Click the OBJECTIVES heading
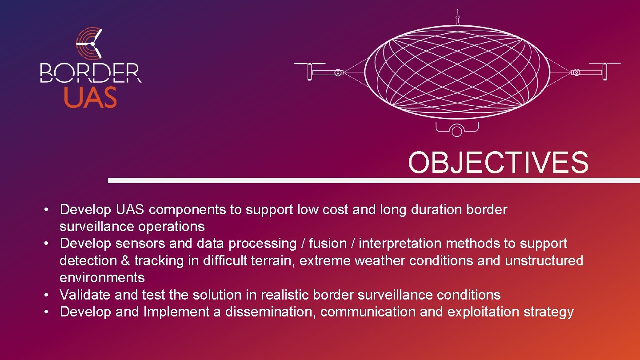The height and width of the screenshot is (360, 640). tap(498, 163)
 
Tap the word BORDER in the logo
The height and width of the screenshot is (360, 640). tap(90, 73)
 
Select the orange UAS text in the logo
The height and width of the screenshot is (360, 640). tap(90, 97)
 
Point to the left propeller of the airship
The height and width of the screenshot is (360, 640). tap(310, 71)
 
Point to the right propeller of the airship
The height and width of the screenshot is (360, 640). tap(604, 71)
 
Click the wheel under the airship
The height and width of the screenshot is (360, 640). tap(456, 131)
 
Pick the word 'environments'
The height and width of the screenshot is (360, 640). tap(102, 278)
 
